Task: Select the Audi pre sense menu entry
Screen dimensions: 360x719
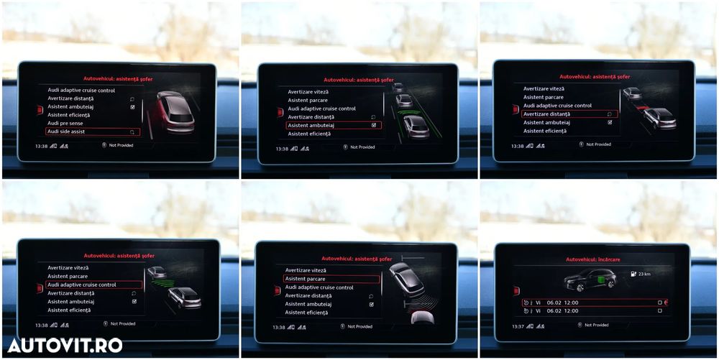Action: pos(65,124)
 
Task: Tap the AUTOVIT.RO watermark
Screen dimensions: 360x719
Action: pos(65,345)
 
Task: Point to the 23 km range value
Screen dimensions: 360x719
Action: pos(645,274)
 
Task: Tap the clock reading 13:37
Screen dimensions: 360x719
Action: pos(517,326)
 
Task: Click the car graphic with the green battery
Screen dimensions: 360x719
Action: pos(590,280)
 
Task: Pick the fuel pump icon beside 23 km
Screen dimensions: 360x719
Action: pos(632,274)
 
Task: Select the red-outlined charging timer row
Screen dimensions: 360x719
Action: pos(594,303)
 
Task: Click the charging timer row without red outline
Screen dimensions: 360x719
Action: pos(594,311)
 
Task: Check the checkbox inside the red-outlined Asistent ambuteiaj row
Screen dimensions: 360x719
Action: pos(373,125)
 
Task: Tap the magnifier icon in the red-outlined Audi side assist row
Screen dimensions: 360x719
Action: pos(132,132)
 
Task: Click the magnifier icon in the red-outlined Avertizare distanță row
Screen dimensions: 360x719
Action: pos(609,114)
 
